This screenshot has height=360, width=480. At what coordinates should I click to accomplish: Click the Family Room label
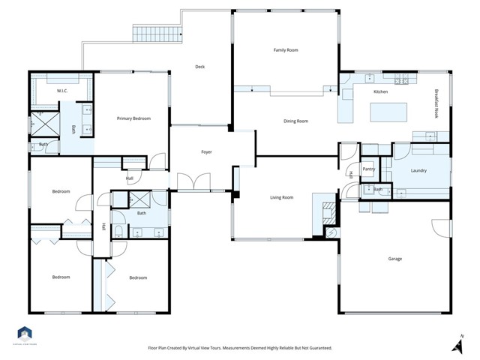pyautogui.click(x=285, y=49)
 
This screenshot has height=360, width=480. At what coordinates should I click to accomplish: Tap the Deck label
pyautogui.click(x=199, y=67)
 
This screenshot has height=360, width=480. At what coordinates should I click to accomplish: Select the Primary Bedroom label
pyautogui.click(x=133, y=118)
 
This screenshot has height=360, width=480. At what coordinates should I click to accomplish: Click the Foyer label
pyautogui.click(x=206, y=152)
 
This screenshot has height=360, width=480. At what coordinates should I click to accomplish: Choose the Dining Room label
pyautogui.click(x=295, y=121)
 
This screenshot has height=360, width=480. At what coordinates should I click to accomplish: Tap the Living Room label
pyautogui.click(x=281, y=197)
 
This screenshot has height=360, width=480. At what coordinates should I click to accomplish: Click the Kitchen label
pyautogui.click(x=381, y=91)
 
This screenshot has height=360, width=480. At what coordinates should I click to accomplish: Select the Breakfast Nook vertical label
pyautogui.click(x=436, y=104)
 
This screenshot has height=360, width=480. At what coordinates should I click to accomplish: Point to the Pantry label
pyautogui.click(x=368, y=169)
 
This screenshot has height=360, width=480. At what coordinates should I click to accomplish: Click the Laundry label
pyautogui.click(x=418, y=170)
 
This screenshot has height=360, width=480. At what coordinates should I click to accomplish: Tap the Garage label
pyautogui.click(x=394, y=259)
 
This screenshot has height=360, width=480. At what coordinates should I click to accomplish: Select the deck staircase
pyautogui.click(x=157, y=34)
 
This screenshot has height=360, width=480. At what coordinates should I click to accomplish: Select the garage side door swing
pyautogui.click(x=440, y=227)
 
